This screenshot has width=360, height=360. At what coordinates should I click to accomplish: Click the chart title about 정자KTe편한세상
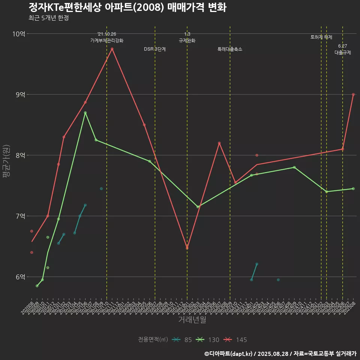127,7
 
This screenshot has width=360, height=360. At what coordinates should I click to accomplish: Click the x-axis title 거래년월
192,320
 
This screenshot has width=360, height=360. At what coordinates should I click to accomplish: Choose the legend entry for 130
208,340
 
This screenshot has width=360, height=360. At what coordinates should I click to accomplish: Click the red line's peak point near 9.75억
112,49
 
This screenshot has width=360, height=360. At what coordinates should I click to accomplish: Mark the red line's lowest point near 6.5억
187,248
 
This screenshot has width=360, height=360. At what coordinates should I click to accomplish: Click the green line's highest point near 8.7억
85,113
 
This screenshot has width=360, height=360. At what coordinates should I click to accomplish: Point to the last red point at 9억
353,94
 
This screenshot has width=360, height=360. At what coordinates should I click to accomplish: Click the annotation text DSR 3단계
155,49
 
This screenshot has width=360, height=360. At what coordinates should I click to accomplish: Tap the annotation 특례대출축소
230,49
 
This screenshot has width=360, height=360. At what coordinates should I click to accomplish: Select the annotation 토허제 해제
321,37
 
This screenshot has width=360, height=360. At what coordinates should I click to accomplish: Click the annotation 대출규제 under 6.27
343,53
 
